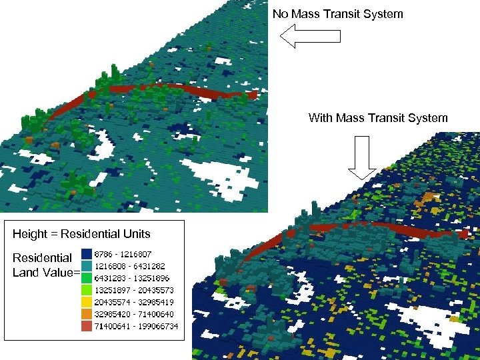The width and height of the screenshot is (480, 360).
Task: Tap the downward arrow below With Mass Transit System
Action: tap(363, 157)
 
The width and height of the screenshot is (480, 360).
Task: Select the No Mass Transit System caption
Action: tap(337, 13)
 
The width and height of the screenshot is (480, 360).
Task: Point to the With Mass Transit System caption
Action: tap(378, 118)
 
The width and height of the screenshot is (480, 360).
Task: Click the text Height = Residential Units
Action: tap(81, 234)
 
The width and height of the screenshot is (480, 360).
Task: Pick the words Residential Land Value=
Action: tap(45, 265)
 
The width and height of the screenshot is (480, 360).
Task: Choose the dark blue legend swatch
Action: tap(87, 254)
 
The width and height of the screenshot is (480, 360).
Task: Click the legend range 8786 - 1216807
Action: tap(123, 254)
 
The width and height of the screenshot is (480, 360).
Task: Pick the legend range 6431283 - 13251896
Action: tap(129, 277)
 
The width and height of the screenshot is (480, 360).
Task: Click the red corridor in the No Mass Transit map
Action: tap(167, 89)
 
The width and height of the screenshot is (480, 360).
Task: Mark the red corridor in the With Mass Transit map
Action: tap(373, 227)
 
